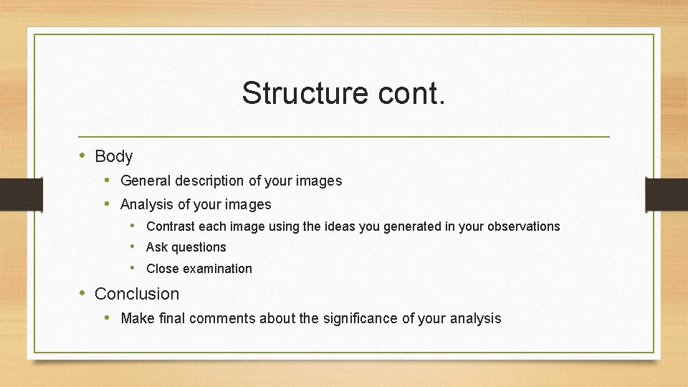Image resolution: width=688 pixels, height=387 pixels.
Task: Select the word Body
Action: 113,156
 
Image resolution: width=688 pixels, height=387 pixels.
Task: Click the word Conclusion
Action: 137,294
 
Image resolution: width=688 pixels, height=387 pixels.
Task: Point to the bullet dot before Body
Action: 83,156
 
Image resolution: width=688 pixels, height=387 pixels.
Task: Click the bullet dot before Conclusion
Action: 83,293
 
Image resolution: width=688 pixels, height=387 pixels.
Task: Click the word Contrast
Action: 170,226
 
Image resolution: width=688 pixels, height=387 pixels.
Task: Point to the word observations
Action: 523,226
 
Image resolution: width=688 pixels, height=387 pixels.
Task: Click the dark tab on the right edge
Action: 666,194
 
